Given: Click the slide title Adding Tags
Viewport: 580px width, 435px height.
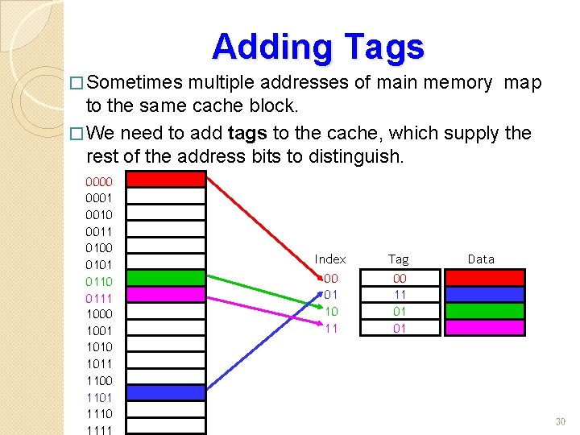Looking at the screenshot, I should tap(318, 47).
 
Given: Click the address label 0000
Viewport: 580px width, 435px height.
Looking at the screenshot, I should tap(99, 181).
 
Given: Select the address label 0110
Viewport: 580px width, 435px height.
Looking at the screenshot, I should tap(99, 281).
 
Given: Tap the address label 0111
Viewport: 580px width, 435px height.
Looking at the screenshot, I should tap(99, 298).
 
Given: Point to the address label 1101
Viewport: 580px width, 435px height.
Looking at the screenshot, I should tap(99, 397).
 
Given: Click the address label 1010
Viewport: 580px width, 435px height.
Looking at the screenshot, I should tap(99, 347).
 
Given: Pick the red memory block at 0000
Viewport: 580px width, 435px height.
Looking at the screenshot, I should tap(167, 180).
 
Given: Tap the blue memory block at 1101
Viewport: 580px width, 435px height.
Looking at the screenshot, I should tap(167, 394).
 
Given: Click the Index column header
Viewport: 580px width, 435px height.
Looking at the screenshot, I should tap(330, 259).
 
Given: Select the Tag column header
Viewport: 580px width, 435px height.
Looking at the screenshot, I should tap(399, 259).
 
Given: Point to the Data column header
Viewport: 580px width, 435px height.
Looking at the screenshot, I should tap(481, 259).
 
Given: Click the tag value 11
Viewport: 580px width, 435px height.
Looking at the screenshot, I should tap(400, 295).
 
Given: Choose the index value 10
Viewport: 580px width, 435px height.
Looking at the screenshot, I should tap(331, 311).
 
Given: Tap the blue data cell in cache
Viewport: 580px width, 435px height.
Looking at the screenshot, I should tap(485, 294).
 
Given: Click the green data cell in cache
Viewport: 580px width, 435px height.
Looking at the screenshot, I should tap(485, 311).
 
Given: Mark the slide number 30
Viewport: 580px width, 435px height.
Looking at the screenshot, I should tap(561, 422).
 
